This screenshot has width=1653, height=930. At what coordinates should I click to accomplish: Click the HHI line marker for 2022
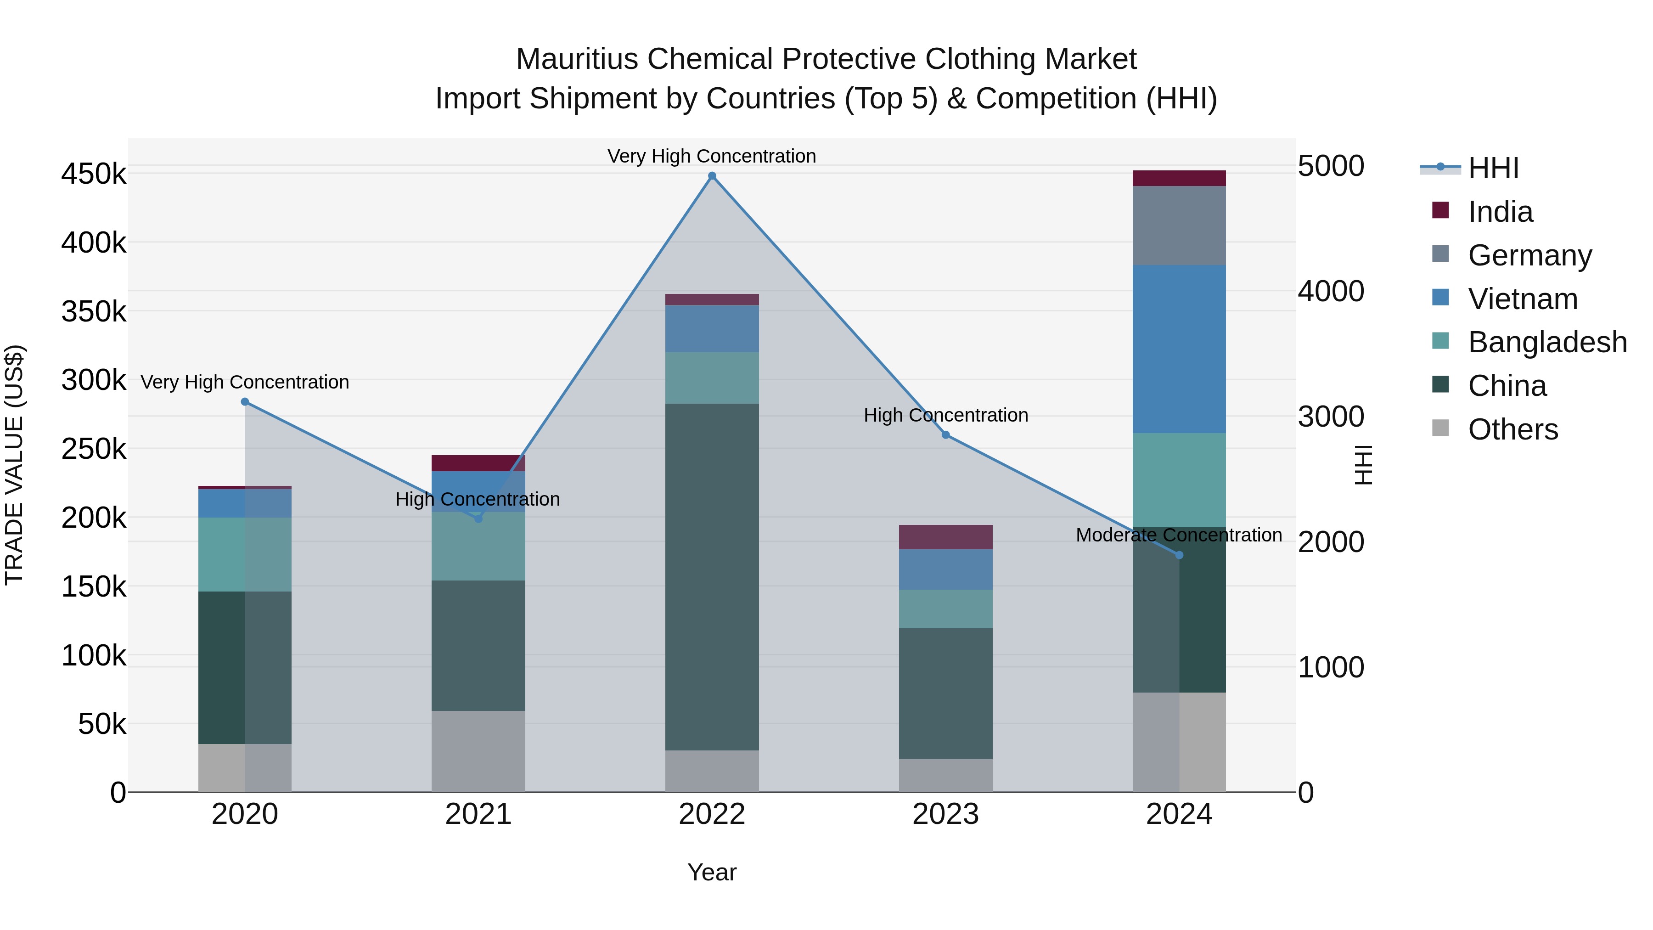[712, 176]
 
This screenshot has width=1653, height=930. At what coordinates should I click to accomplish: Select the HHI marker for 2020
[244, 402]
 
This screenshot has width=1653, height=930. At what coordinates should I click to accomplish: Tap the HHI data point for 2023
[945, 435]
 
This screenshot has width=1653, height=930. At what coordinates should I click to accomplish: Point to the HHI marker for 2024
[1179, 555]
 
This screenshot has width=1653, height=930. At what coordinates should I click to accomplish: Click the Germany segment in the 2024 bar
[1179, 225]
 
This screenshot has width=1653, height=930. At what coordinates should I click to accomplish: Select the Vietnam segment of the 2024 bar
[1179, 349]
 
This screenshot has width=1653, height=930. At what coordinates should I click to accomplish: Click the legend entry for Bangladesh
[1546, 342]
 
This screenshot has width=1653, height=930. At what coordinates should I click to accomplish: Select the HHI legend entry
[1493, 168]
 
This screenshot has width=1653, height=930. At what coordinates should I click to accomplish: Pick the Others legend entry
[1512, 429]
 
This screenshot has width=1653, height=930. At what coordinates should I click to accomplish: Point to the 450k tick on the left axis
[94, 174]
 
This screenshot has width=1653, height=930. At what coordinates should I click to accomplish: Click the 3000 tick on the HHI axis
[1330, 417]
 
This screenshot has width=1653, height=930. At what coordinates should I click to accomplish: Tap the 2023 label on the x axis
[945, 814]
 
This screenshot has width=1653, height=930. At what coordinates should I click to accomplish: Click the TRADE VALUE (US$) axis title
[14, 465]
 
